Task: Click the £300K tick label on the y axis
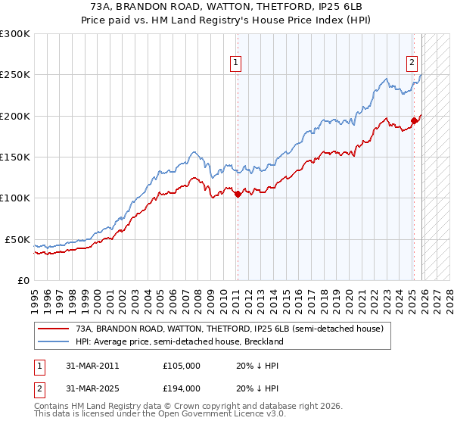click(15, 34)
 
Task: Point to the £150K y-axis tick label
click(15, 157)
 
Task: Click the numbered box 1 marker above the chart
click(237, 63)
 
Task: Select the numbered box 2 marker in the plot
click(412, 63)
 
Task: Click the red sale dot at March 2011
click(238, 194)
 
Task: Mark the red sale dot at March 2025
click(414, 120)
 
